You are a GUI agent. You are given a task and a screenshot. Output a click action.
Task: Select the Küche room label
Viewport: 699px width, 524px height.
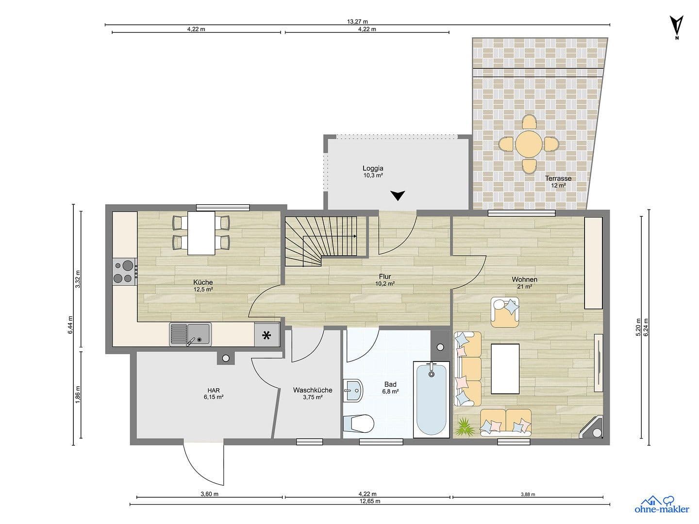[x=203, y=282]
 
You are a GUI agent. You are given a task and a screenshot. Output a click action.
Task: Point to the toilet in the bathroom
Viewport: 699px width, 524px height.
[x=359, y=424]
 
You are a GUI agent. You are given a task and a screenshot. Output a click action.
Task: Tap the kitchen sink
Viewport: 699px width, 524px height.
[x=190, y=334]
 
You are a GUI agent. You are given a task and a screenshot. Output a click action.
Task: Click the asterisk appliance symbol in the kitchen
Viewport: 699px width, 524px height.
[x=266, y=335]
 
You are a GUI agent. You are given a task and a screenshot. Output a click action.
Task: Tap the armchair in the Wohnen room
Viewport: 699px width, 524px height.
[x=505, y=311]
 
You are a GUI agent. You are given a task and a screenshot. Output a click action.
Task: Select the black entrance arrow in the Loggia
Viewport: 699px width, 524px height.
[x=398, y=196]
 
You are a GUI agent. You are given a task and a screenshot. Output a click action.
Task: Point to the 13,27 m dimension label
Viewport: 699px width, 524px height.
[x=357, y=21]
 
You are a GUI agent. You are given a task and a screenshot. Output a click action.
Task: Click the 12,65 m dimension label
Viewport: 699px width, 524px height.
[x=370, y=501]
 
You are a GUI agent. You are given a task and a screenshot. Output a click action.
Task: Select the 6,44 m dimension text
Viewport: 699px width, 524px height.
[x=70, y=325]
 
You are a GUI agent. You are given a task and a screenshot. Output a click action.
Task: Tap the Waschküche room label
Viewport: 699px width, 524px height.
[x=313, y=390]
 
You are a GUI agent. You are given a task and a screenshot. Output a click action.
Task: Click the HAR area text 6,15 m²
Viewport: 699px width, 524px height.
[x=214, y=397]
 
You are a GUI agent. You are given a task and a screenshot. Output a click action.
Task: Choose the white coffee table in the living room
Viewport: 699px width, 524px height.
[x=505, y=369]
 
